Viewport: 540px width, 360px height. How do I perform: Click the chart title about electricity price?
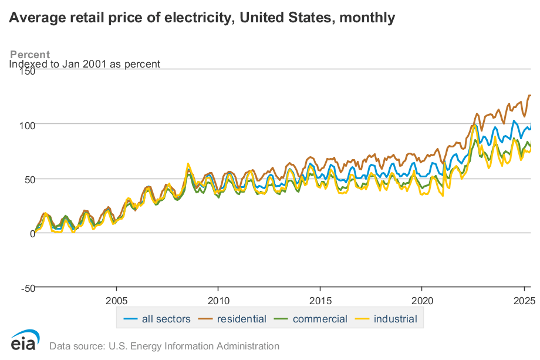click(201, 18)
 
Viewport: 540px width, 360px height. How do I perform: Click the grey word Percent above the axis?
click(30, 55)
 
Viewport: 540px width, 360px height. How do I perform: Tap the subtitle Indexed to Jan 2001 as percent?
click(85, 64)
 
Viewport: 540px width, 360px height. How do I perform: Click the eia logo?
click(25, 341)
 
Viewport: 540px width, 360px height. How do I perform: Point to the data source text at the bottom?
click(164, 346)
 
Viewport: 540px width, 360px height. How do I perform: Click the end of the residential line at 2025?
click(530, 96)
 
